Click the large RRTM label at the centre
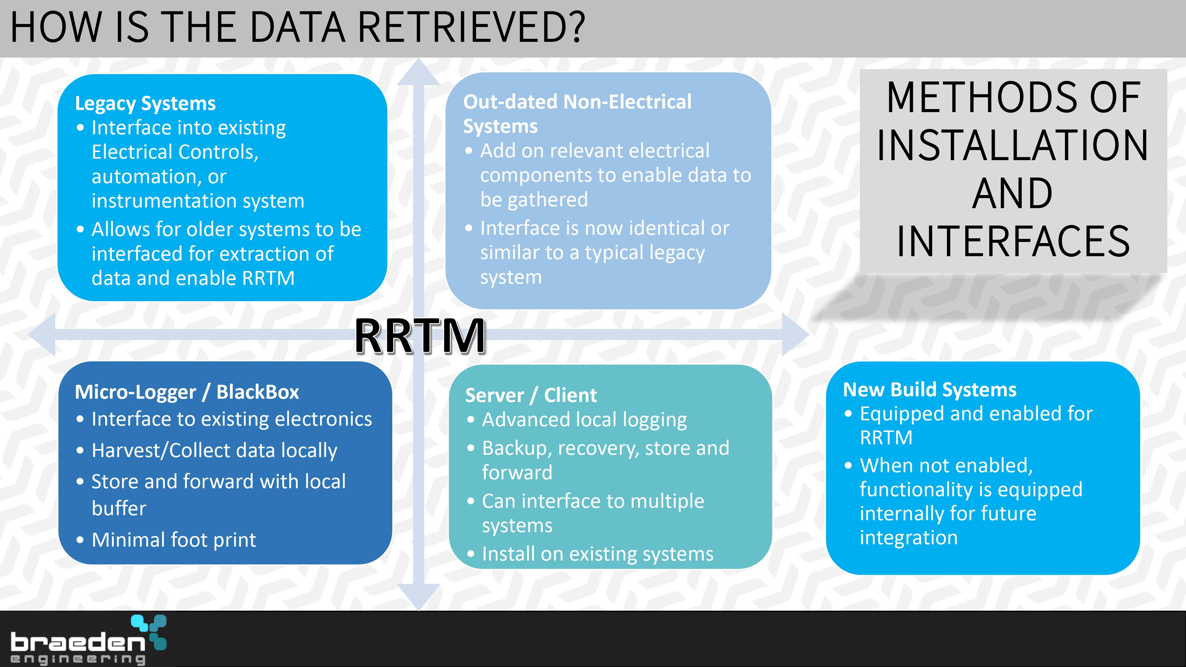pos(420,336)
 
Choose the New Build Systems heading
pos(930,390)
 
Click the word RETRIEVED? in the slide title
pos(471,27)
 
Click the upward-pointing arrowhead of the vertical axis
pos(418,72)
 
